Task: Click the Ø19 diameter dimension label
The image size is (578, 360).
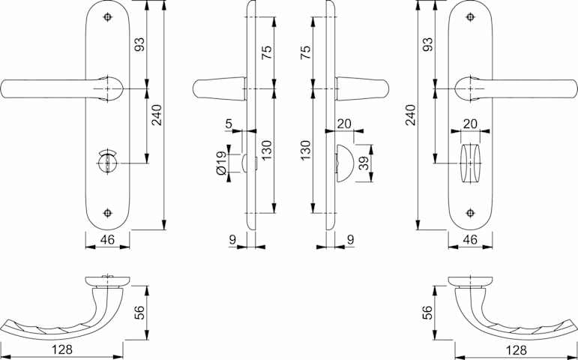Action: tap(221, 163)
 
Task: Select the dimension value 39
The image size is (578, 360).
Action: tap(364, 163)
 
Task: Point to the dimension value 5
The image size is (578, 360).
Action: tap(229, 124)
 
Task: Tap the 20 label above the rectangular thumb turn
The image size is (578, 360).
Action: tap(470, 124)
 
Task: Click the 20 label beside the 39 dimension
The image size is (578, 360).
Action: tap(344, 124)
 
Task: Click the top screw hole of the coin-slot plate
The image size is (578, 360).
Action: tap(107, 17)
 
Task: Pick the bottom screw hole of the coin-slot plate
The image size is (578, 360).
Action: tap(107, 213)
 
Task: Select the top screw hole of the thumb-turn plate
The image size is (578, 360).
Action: tap(470, 17)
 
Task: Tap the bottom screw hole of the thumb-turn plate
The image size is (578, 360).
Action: tap(470, 213)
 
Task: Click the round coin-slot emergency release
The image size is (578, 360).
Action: tap(107, 161)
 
